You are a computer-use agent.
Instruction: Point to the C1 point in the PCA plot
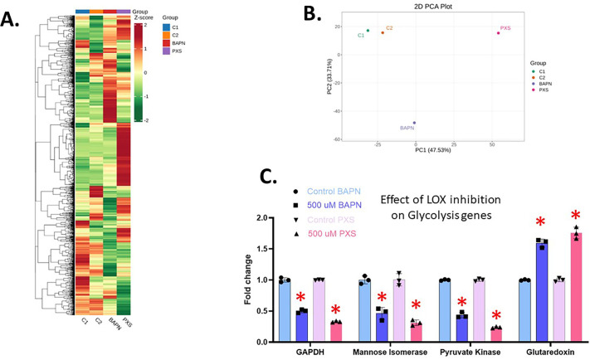point(368,31)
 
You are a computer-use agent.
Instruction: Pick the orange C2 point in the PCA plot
point(383,32)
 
